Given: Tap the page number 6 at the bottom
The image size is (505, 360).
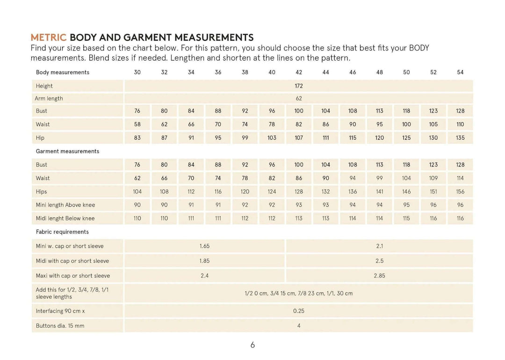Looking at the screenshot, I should click(252, 345).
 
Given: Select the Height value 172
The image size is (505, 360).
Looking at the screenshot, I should click(299, 86).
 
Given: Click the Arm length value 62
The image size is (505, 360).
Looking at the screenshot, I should click(299, 99).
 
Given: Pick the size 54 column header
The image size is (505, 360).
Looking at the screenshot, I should click(460, 72).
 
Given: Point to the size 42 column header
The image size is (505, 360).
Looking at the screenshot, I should click(299, 72).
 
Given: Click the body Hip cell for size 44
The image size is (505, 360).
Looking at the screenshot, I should click(325, 138).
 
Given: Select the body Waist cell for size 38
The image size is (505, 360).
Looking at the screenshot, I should click(245, 124).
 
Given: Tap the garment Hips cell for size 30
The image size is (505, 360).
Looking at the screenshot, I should click(137, 192).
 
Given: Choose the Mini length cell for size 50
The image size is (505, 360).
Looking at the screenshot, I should click(406, 205).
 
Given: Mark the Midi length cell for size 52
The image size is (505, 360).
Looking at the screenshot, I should click(433, 218).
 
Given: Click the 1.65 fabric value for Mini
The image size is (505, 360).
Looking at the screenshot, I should click(204, 246).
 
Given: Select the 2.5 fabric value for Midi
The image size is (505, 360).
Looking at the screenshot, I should click(379, 261).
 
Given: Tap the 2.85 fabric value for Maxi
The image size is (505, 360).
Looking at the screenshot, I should click(379, 276).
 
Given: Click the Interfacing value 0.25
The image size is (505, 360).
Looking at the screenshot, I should click(299, 311).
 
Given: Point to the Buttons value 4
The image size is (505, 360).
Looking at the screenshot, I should click(299, 326).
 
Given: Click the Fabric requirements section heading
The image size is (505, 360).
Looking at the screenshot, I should click(62, 232).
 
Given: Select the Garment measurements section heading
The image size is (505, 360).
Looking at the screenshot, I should click(67, 151).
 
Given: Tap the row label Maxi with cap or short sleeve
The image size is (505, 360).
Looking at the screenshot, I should click(73, 276).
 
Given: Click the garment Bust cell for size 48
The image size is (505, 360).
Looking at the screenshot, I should click(379, 165).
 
